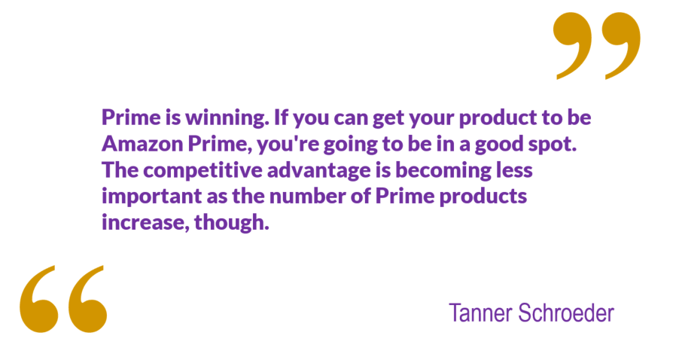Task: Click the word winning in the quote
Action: click(x=227, y=117)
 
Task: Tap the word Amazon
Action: click(x=142, y=144)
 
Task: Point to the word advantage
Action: click(x=318, y=171)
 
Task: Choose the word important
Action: click(x=151, y=197)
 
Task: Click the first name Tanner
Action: click(x=481, y=313)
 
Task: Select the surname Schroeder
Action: click(x=566, y=313)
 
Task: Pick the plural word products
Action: click(x=483, y=197)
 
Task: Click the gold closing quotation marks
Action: click(x=597, y=46)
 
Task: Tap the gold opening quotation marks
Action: click(x=63, y=299)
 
